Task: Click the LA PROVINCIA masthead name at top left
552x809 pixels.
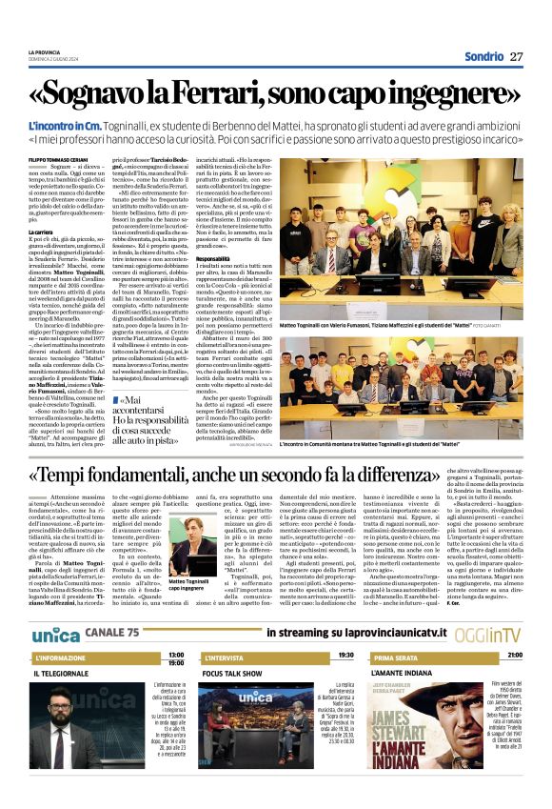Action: [x=44, y=52]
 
